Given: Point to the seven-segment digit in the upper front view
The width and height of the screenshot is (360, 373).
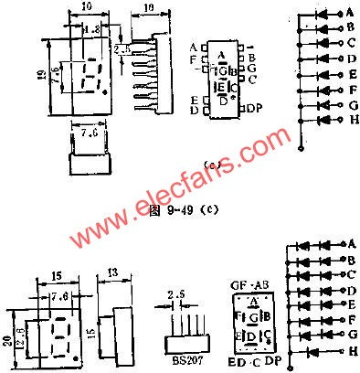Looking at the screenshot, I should point(90,80).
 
